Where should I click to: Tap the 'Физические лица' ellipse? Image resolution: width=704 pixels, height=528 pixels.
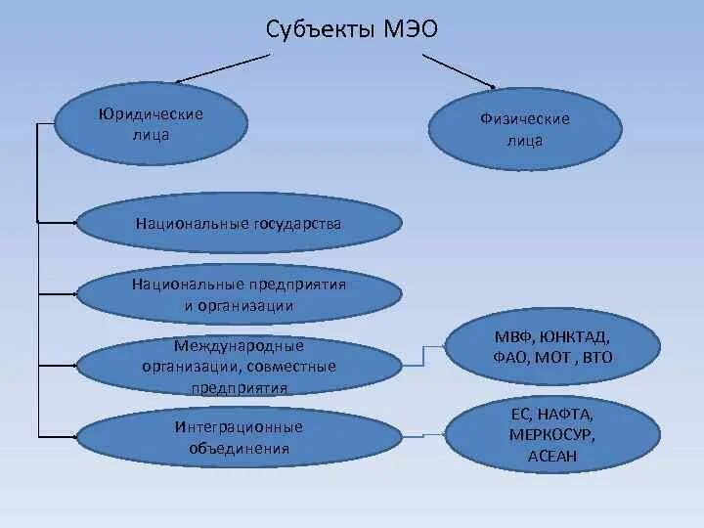[524, 129]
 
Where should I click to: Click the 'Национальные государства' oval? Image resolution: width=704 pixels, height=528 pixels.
[239, 225]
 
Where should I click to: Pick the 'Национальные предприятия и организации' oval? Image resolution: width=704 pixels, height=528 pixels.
[239, 294]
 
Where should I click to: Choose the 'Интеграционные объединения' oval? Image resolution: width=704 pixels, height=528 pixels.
[239, 438]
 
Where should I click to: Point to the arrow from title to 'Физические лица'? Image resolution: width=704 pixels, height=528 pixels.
[460, 68]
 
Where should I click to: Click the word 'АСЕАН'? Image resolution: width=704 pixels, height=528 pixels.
[551, 456]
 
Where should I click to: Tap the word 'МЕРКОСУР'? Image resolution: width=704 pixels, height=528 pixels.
[551, 435]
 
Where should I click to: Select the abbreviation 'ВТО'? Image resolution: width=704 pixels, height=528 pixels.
[596, 357]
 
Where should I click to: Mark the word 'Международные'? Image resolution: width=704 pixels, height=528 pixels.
[239, 345]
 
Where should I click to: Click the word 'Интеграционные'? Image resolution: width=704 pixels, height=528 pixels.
[239, 427]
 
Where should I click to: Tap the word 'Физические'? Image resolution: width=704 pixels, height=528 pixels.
[524, 119]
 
